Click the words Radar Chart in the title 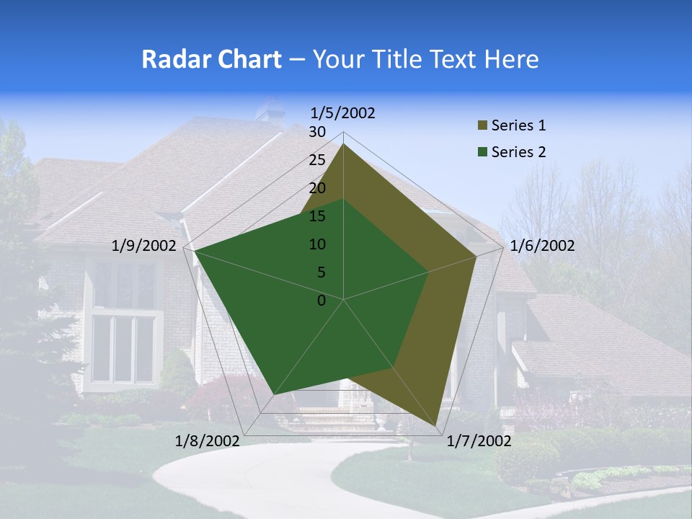pyautogui.click(x=211, y=59)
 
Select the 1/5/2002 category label pyautogui.click(x=343, y=112)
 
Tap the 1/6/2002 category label pyautogui.click(x=542, y=246)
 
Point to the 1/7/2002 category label pyautogui.click(x=479, y=441)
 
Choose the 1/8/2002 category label pyautogui.click(x=208, y=441)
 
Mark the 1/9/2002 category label pyautogui.click(x=144, y=246)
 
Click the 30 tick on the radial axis pyautogui.click(x=317, y=132)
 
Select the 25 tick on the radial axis pyautogui.click(x=317, y=160)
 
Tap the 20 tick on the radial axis pyautogui.click(x=317, y=188)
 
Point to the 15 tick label pyautogui.click(x=317, y=216)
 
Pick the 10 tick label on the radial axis pyautogui.click(x=317, y=244)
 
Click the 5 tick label pyautogui.click(x=321, y=272)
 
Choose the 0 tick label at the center pyautogui.click(x=321, y=300)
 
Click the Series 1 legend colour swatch pyautogui.click(x=482, y=125)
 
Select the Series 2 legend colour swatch pyautogui.click(x=482, y=152)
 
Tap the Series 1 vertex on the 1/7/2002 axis pyautogui.click(x=437, y=426)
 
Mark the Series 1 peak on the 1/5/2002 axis pyautogui.click(x=343, y=144)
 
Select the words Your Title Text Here pyautogui.click(x=425, y=59)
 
